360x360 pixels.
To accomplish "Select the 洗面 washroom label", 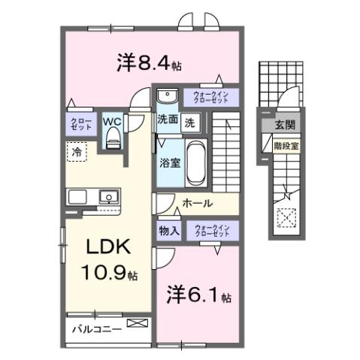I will click(x=167, y=119).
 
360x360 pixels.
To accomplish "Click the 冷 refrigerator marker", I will click(x=77, y=152).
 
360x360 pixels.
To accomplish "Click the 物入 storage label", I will click(x=168, y=230).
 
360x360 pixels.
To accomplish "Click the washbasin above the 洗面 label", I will click(x=166, y=95).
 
